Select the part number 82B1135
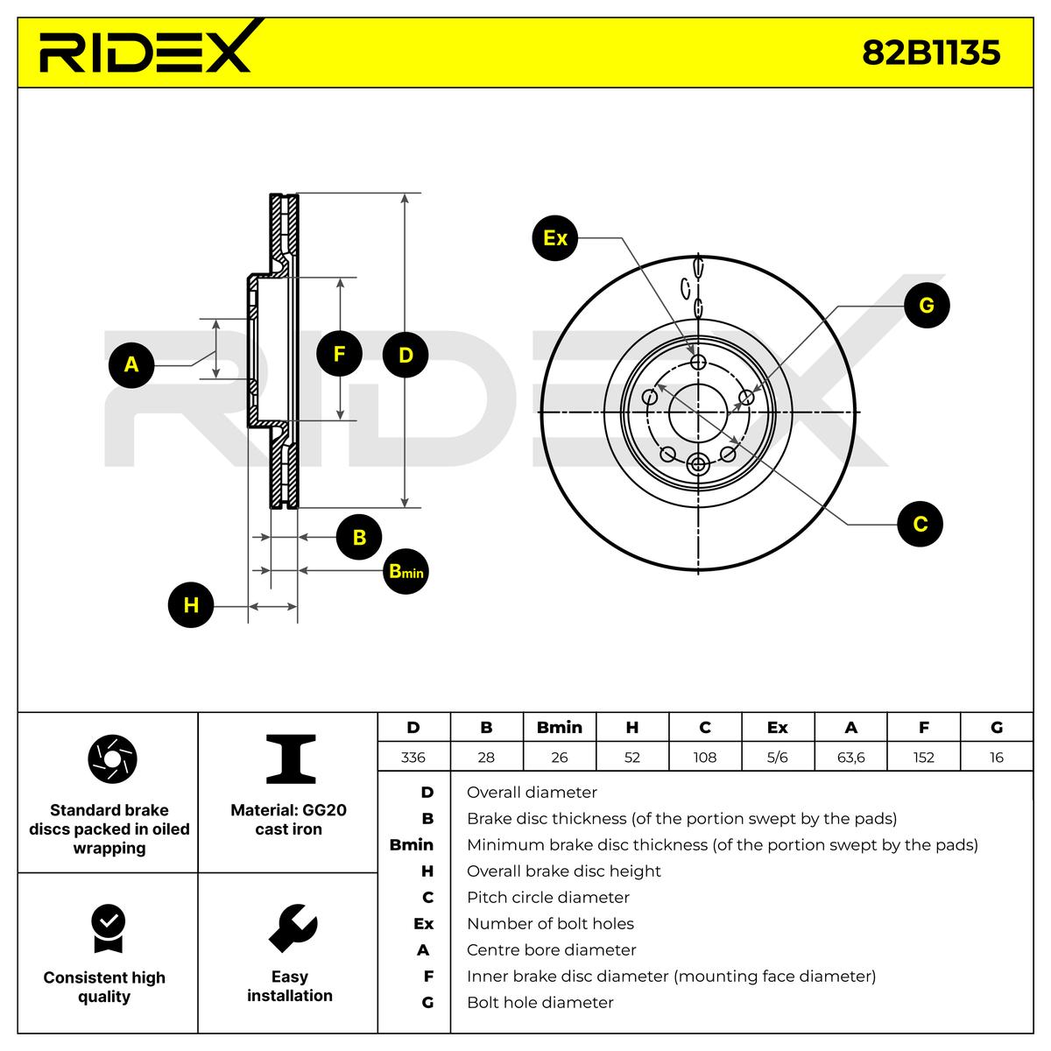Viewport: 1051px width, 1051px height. pos(931,53)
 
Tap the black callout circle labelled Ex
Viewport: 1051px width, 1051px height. pos(554,238)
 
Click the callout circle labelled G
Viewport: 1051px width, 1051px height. pos(927,305)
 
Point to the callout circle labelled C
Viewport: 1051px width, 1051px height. pos(921,524)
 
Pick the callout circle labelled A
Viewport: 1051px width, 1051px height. pos(131,364)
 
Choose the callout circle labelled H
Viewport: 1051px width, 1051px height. pos(191,605)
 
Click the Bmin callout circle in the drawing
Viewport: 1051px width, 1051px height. pos(406,572)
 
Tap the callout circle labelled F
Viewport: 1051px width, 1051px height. pos(339,354)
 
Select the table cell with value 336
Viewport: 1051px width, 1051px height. pos(413,757)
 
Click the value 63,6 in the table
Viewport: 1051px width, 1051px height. pos(850,757)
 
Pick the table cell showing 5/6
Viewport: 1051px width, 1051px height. pos(778,757)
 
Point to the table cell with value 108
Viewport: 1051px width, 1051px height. pos(705,757)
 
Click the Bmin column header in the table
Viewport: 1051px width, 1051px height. pos(560,728)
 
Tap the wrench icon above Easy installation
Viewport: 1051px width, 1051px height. pos(293,928)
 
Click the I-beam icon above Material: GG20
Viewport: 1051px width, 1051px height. pos(291,758)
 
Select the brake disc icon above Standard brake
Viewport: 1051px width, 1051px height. pos(112,759)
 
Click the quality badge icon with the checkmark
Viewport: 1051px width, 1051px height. pos(109,928)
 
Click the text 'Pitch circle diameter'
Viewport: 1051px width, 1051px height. pos(548,897)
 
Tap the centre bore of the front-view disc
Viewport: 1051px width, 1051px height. pos(699,412)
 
